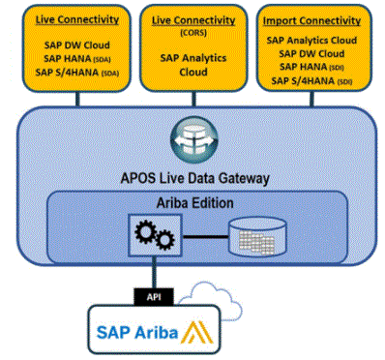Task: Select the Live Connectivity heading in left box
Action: click(x=66, y=20)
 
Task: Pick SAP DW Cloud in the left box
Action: click(x=66, y=45)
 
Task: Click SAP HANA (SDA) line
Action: click(x=66, y=59)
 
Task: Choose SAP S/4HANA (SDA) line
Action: click(x=66, y=73)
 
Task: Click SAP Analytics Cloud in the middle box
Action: click(x=191, y=64)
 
